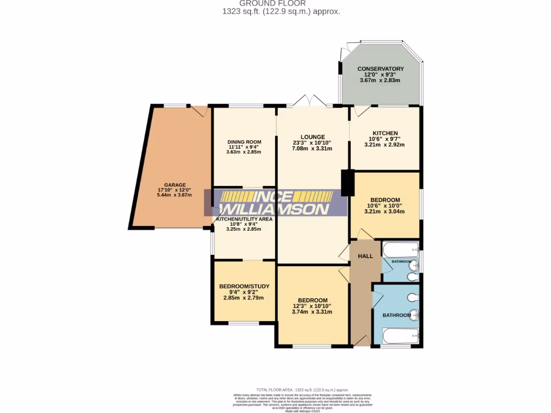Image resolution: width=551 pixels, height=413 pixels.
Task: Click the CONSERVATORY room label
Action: click(x=380, y=69)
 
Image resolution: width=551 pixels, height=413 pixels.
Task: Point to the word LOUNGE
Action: click(x=312, y=137)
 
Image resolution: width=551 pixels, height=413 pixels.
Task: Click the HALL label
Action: click(x=365, y=256)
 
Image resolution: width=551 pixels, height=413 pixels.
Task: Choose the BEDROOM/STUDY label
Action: click(x=244, y=286)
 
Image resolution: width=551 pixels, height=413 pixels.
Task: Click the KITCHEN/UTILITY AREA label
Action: click(x=244, y=219)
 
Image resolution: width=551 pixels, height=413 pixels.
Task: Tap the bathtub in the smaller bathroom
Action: click(x=400, y=249)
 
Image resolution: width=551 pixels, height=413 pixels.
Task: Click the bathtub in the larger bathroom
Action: click(x=400, y=336)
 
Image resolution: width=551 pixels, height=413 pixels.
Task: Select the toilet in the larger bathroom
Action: click(x=412, y=297)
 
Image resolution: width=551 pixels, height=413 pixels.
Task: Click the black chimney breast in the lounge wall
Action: click(x=348, y=183)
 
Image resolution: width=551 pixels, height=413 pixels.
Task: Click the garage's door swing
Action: click(x=200, y=111)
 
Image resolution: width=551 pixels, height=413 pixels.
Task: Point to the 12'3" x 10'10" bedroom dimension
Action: click(x=313, y=306)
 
